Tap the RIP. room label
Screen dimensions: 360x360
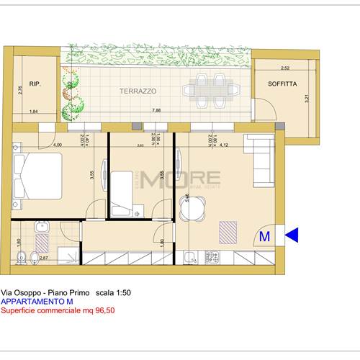[35, 84]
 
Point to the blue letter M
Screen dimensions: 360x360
[264, 235]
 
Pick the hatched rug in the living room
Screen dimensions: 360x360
[228, 232]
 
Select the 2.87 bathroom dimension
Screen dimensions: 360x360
[43, 257]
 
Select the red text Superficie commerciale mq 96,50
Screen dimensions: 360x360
[58, 311]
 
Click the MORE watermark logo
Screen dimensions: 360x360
[180, 177]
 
